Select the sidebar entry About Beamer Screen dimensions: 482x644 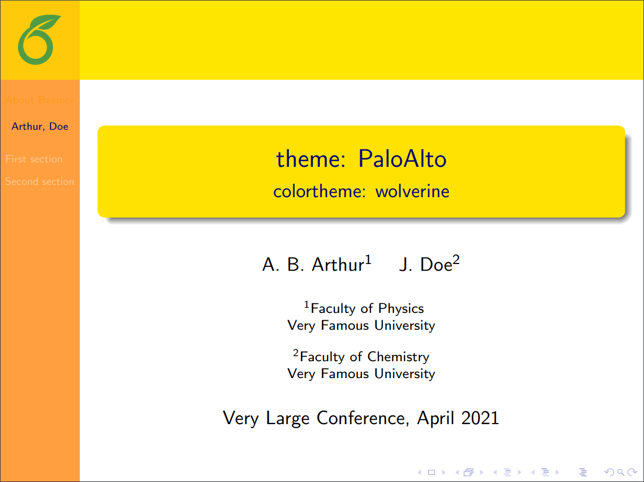point(40,100)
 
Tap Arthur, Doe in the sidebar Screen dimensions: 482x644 point(40,126)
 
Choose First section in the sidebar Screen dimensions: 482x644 point(34,159)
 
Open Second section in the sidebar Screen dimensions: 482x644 point(40,181)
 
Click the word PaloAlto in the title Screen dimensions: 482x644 point(402,160)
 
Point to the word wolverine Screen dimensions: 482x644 point(412,192)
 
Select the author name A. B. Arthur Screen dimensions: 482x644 point(313,265)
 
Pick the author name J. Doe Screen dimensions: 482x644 point(425,265)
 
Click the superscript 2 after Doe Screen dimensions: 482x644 point(456,260)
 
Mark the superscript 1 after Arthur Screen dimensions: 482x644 point(368,260)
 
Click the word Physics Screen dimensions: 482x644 point(401,308)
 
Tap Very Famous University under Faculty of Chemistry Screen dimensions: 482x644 point(361,374)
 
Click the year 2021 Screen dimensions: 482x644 point(480,418)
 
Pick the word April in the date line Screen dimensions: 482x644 point(436,418)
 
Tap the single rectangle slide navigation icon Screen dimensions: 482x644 point(432,472)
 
